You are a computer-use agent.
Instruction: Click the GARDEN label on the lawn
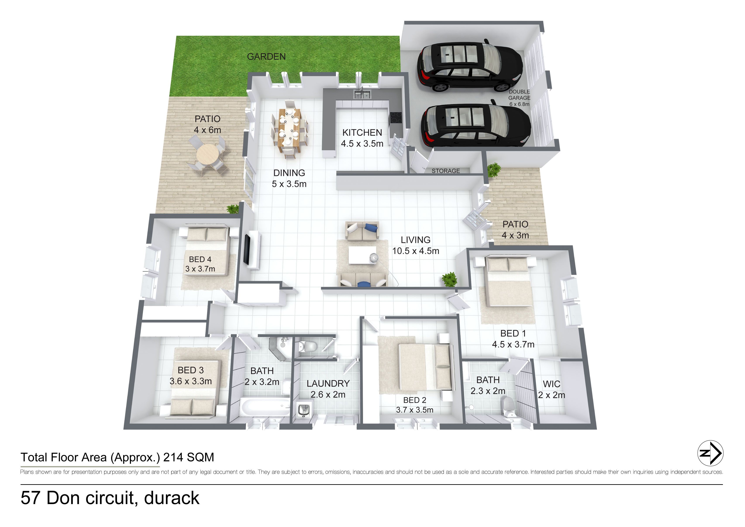[x=266, y=57]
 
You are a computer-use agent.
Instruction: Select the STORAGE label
[x=446, y=171]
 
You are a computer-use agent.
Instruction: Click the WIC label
[x=551, y=384]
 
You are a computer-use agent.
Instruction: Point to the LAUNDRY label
[x=328, y=384]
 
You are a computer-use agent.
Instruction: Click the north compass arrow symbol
[x=710, y=453]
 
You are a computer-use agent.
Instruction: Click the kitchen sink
[x=362, y=95]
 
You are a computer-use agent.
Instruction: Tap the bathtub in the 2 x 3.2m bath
[x=265, y=407]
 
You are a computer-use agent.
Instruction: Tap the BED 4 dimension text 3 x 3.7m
[x=200, y=269]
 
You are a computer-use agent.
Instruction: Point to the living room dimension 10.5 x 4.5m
[x=416, y=251]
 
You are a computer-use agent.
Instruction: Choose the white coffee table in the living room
[x=362, y=256]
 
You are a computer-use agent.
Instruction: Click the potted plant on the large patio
[x=233, y=209]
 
